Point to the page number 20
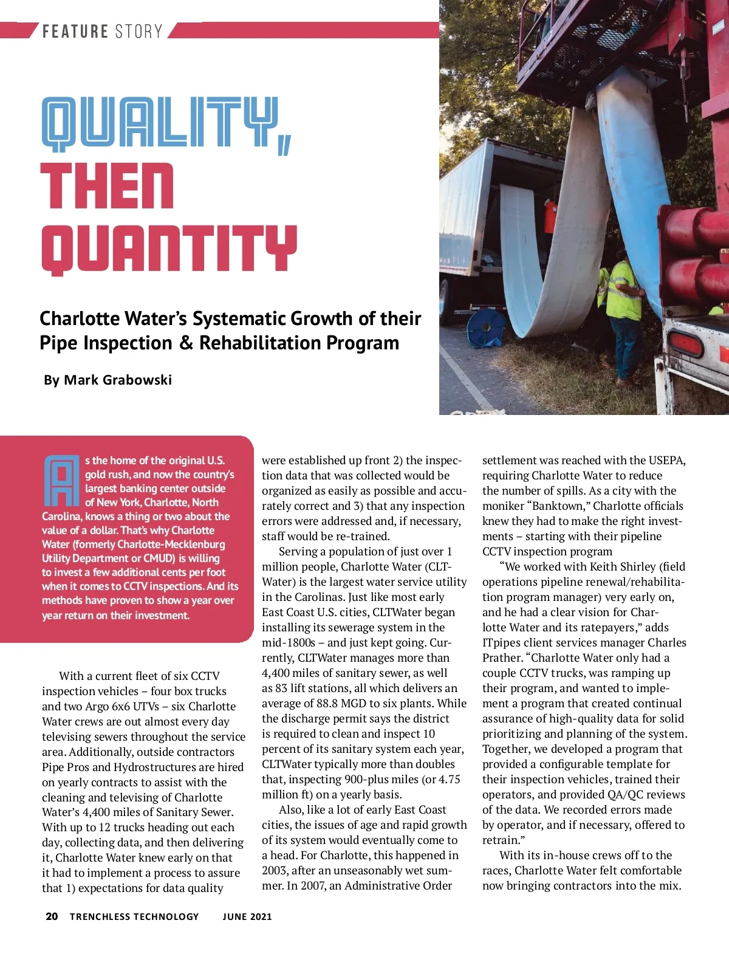(x=52, y=916)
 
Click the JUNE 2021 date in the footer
(x=247, y=916)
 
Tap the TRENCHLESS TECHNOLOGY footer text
(x=134, y=916)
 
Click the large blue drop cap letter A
(x=61, y=481)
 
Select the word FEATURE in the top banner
(x=75, y=32)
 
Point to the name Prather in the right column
(x=502, y=658)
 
